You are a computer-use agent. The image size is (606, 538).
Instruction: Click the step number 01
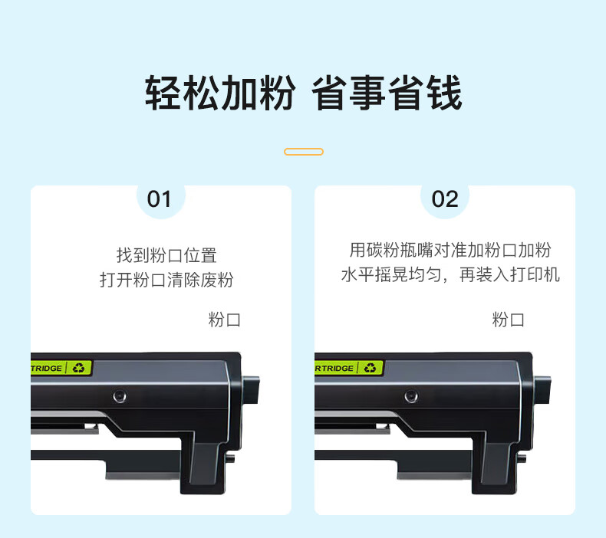pyautogui.click(x=159, y=199)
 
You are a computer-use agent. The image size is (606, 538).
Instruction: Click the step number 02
pyautogui.click(x=445, y=199)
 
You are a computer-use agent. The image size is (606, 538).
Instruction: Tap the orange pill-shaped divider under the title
pyautogui.click(x=304, y=152)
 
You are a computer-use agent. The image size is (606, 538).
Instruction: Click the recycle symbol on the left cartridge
pyautogui.click(x=79, y=368)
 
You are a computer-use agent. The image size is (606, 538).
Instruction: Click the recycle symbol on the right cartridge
pyautogui.click(x=371, y=368)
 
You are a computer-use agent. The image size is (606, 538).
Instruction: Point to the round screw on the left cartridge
pyautogui.click(x=120, y=396)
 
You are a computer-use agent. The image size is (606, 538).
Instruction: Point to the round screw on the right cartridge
pyautogui.click(x=411, y=396)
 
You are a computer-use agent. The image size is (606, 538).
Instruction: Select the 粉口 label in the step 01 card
pyautogui.click(x=224, y=320)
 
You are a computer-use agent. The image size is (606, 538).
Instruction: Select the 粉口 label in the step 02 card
pyautogui.click(x=509, y=320)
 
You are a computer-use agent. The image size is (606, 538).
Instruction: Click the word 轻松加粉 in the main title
pyautogui.click(x=220, y=93)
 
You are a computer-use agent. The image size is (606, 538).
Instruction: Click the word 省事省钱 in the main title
pyautogui.click(x=387, y=93)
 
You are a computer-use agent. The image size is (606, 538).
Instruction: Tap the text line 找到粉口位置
pyautogui.click(x=166, y=255)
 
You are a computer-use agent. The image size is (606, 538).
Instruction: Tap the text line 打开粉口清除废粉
pyautogui.click(x=166, y=280)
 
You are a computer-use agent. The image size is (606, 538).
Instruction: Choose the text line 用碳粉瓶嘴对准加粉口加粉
pyautogui.click(x=450, y=250)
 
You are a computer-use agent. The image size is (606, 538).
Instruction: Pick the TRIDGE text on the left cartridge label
pyautogui.click(x=46, y=369)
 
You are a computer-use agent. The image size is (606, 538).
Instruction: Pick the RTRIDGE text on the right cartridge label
pyautogui.click(x=334, y=369)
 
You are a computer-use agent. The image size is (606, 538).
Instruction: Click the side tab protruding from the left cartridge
pyautogui.click(x=251, y=390)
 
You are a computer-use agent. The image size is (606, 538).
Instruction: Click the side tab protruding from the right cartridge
pyautogui.click(x=542, y=390)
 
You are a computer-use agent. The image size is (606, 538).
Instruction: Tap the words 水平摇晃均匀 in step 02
pyautogui.click(x=391, y=275)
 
